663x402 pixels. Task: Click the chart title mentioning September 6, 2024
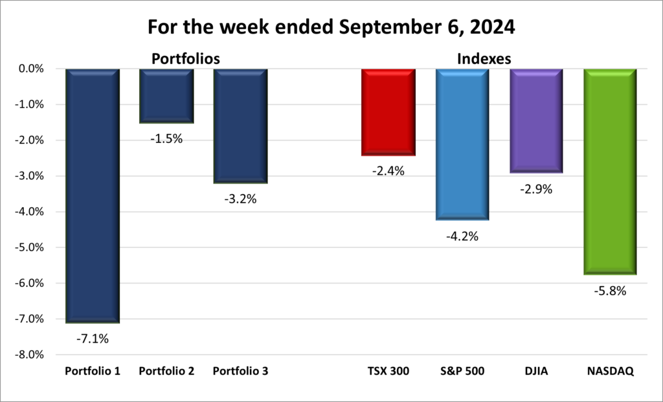pyautogui.click(x=331, y=27)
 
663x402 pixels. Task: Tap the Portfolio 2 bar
pyautogui.click(x=166, y=95)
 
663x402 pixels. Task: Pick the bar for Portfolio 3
pyautogui.click(x=240, y=126)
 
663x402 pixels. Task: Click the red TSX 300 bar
pyautogui.click(x=388, y=111)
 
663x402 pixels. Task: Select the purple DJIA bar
pyautogui.click(x=536, y=120)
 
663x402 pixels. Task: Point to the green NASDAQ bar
pyautogui.click(x=610, y=172)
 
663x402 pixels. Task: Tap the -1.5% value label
pyautogui.click(x=167, y=138)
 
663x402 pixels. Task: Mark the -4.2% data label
pyautogui.click(x=462, y=236)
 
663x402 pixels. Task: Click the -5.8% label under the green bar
pyautogui.click(x=610, y=291)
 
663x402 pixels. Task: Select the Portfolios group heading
pyautogui.click(x=185, y=58)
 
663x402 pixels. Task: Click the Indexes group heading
pyautogui.click(x=484, y=58)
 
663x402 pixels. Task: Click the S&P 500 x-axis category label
pyautogui.click(x=462, y=372)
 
